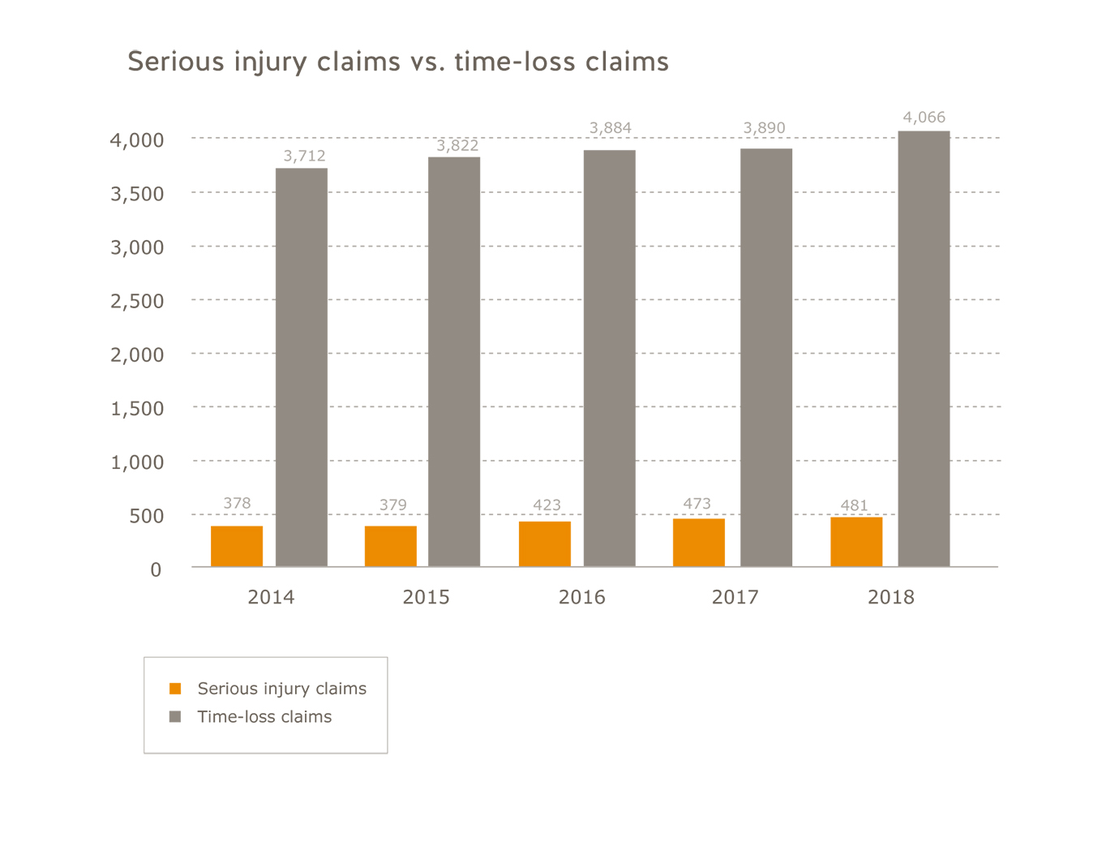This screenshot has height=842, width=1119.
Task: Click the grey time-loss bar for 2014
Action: [302, 367]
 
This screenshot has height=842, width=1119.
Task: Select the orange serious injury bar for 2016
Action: [545, 543]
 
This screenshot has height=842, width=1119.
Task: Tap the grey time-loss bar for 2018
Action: [924, 349]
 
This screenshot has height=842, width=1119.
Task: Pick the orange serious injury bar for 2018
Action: [856, 541]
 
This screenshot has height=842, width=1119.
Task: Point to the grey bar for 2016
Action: [610, 358]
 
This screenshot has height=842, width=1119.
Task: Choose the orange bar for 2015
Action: [391, 546]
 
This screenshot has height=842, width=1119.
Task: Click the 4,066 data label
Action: [924, 118]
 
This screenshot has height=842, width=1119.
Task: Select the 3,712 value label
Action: [304, 156]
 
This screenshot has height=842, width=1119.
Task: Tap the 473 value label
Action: [697, 504]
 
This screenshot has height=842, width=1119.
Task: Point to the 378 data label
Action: [237, 504]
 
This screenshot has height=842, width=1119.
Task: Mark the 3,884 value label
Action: [610, 128]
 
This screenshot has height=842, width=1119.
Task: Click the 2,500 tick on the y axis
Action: [137, 301]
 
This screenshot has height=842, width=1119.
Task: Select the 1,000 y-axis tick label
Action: [137, 462]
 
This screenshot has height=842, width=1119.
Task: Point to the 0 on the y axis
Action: [156, 570]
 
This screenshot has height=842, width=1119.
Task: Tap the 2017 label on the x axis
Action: [735, 598]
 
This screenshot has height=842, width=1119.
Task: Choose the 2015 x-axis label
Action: [426, 598]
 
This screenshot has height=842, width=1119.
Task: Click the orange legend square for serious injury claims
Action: [175, 689]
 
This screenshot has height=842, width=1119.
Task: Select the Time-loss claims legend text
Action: [264, 717]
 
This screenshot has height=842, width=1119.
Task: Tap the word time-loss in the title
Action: [515, 62]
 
